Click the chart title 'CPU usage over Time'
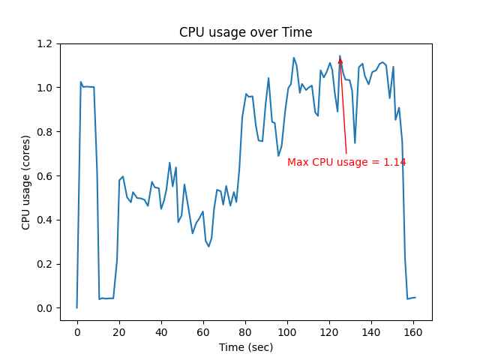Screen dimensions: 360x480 245,33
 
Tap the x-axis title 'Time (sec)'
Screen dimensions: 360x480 245,347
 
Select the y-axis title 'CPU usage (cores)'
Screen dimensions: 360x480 26,182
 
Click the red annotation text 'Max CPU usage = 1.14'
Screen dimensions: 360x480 346,163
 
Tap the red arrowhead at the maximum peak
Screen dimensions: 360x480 340,61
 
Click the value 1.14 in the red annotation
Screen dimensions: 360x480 394,163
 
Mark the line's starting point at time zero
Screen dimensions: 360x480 76,307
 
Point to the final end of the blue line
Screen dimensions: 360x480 415,298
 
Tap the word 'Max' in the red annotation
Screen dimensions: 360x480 298,163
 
